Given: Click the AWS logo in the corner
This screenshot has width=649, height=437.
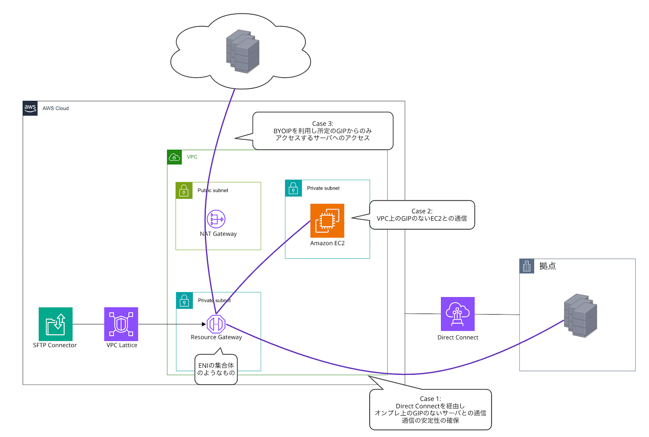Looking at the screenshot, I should point(30,108).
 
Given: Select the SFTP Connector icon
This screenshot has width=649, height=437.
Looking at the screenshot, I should point(55,324).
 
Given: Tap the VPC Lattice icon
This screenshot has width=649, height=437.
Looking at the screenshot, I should point(121,324).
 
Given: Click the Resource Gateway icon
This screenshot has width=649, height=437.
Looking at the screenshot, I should point(216,324).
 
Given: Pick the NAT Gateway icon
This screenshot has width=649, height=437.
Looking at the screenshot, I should point(216,219).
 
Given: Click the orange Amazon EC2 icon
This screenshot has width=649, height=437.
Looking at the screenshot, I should point(327,221).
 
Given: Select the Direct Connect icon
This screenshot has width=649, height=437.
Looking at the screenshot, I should point(458,314).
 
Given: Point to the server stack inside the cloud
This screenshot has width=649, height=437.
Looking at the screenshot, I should point(243,51).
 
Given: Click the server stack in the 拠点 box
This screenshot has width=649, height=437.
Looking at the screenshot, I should point(581,316).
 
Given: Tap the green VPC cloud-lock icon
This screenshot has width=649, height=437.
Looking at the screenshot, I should point(175,157).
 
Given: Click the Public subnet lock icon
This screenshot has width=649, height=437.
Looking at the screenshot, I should point(184,191).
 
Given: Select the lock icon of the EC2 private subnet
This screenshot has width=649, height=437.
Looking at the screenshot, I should point(293,188).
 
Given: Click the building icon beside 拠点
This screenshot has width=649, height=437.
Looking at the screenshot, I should point(527,266).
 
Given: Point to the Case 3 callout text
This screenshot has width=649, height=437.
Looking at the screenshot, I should point(323,131).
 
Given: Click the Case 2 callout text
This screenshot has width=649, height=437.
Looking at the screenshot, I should point(422,215).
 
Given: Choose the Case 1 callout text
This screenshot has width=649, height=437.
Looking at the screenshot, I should point(430,409).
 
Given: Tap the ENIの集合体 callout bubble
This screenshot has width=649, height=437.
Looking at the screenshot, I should point(216,369).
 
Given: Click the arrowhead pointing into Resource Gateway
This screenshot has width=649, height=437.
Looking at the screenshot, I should point(204,324).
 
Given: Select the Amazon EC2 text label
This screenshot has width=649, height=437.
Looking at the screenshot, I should point(327,243).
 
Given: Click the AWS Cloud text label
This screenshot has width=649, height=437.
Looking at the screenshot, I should point(55,108).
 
